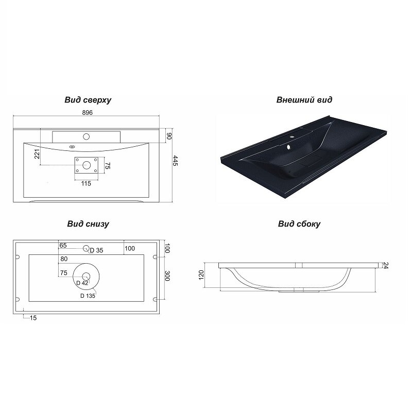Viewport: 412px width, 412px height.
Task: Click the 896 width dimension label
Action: (x=88, y=112)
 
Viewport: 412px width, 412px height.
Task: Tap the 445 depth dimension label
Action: (x=175, y=161)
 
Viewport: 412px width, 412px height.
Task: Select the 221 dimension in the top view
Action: (x=37, y=154)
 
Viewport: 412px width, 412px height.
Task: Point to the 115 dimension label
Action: (x=86, y=183)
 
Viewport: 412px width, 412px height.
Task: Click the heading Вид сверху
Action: (x=88, y=100)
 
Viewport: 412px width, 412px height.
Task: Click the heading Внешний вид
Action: (x=304, y=100)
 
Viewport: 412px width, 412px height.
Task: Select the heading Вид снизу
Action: (x=88, y=224)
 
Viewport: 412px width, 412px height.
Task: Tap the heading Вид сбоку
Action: (x=299, y=224)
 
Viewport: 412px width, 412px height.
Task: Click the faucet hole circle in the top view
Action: (x=86, y=136)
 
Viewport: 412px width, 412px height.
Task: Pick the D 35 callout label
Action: (x=96, y=250)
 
